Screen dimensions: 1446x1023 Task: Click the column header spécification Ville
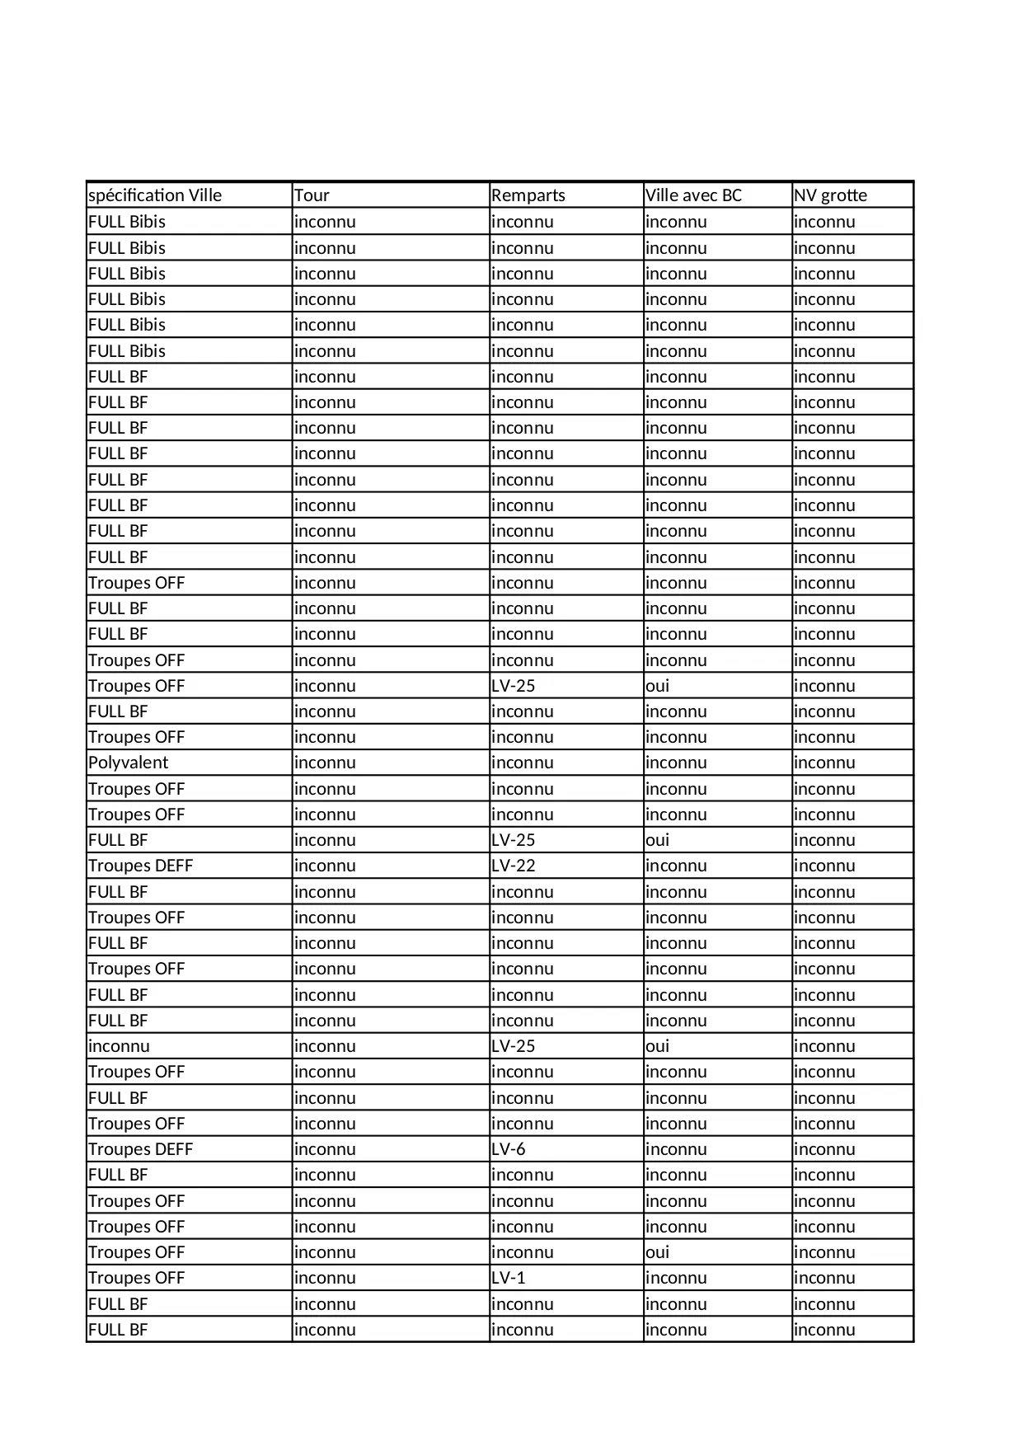pos(155,195)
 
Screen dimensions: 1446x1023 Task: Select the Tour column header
pos(312,195)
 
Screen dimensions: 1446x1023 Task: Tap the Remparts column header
pos(528,195)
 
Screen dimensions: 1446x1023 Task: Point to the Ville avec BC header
pos(693,195)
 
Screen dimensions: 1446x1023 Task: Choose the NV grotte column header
pos(830,195)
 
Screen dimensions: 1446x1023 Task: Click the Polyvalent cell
pos(128,763)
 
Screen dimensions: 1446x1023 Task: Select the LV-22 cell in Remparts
pos(513,866)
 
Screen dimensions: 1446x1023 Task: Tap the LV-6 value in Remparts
pos(508,1149)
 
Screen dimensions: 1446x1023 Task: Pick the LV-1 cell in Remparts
pos(508,1278)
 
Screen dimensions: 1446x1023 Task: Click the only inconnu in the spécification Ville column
pos(119,1046)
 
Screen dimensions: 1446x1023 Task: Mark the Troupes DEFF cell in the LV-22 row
pos(140,866)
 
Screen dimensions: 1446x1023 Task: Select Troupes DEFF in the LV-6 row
pos(140,1149)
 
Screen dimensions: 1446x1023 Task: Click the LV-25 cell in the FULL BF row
pos(513,840)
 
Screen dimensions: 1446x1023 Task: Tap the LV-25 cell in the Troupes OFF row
pos(513,686)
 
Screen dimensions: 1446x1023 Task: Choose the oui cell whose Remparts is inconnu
pos(657,1252)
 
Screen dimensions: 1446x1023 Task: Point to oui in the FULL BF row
pos(657,840)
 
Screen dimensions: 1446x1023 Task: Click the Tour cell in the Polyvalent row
pos(325,763)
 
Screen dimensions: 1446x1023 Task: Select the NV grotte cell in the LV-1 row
pos(824,1278)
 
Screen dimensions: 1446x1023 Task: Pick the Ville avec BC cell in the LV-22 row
pos(676,866)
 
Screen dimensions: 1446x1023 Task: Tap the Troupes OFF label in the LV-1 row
pos(136,1278)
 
